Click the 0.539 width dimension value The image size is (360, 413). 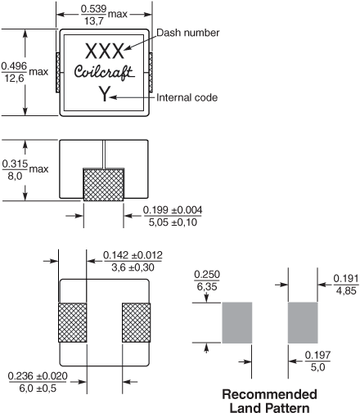pyautogui.click(x=93, y=9)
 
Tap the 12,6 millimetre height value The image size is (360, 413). pyautogui.click(x=14, y=79)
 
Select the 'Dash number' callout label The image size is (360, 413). pyautogui.click(x=188, y=33)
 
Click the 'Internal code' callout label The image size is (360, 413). pyautogui.click(x=187, y=97)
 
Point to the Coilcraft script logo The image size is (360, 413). pyautogui.click(x=105, y=73)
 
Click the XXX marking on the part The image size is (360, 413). pyautogui.click(x=105, y=52)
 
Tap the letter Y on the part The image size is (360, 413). pyautogui.click(x=104, y=94)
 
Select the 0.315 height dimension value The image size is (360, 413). pyautogui.click(x=15, y=164)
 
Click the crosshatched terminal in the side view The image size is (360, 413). pyautogui.click(x=104, y=185)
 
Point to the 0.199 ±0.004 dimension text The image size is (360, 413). pyautogui.click(x=173, y=210)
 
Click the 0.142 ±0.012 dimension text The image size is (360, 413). pyautogui.click(x=133, y=255)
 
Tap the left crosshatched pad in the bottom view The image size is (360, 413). pyautogui.click(x=73, y=322)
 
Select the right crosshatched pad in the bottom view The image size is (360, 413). pyautogui.click(x=136, y=322)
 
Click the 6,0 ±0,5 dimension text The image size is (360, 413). pyautogui.click(x=38, y=388)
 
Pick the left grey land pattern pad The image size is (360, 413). pyautogui.click(x=237, y=322)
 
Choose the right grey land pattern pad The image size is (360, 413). pyautogui.click(x=303, y=322)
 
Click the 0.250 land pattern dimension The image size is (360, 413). pyautogui.click(x=207, y=275)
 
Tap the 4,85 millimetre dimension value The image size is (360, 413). pyautogui.click(x=346, y=291)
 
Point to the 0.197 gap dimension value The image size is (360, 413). pyautogui.click(x=317, y=355)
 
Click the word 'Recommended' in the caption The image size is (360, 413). pyautogui.click(x=270, y=394)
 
